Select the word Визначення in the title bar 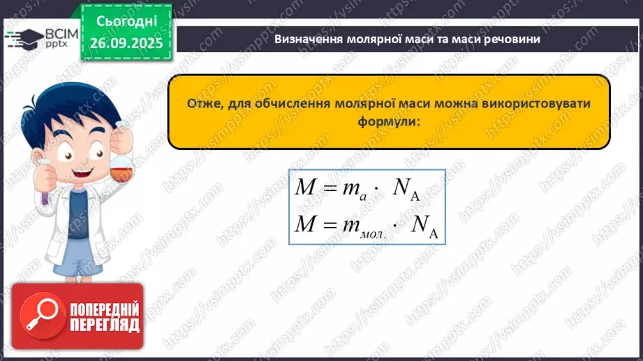(308, 39)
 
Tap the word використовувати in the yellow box (535, 104)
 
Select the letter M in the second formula (306, 224)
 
